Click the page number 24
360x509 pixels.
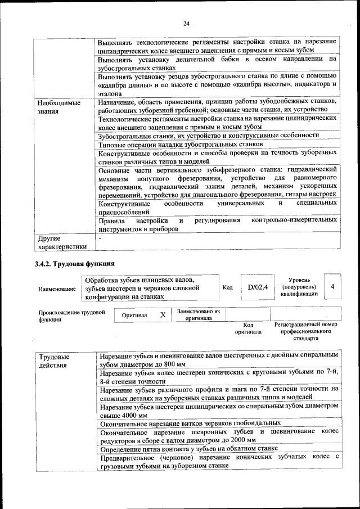186,23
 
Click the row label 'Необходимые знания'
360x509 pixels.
58,107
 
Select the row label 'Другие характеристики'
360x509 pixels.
62,242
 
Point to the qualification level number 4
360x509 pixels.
333,287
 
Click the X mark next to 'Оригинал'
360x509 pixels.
163,316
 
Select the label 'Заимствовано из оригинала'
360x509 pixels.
199,314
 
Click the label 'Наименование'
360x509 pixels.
57,289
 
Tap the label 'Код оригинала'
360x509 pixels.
248,328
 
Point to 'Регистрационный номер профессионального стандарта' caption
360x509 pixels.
305,332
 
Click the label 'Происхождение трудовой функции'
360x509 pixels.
71,315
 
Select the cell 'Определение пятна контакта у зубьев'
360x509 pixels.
188,448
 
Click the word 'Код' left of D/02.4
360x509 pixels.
227,287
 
